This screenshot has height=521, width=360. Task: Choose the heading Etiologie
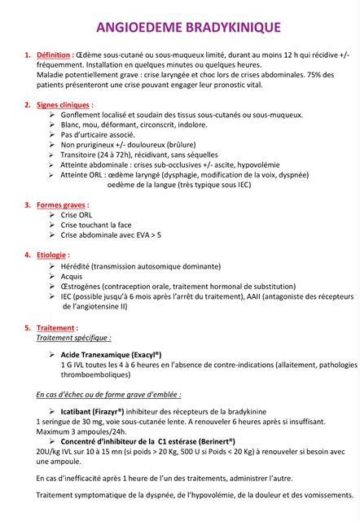point(53,255)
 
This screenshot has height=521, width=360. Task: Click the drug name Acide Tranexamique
point(100,355)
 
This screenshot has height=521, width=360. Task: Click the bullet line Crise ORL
point(77,215)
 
